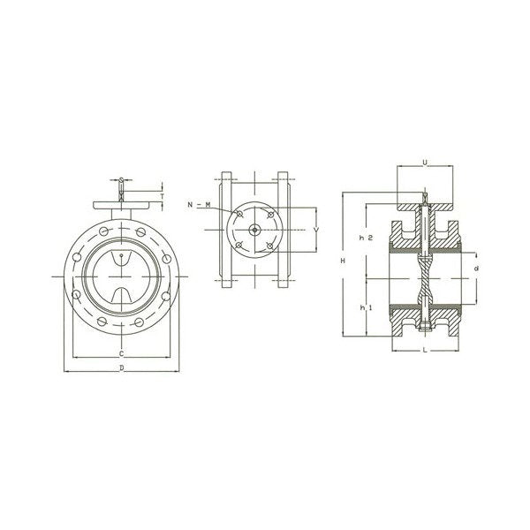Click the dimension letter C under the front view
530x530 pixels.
click(x=120, y=353)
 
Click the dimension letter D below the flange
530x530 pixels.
click(x=120, y=367)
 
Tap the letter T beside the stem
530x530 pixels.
click(x=162, y=195)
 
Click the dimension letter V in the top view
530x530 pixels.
click(x=316, y=229)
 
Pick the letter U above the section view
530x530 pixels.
click(x=425, y=163)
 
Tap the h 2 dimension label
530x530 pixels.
click(x=364, y=238)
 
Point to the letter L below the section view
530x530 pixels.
click(x=425, y=352)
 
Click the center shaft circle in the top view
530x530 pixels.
click(x=255, y=231)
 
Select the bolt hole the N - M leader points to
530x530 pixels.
click(x=239, y=216)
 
